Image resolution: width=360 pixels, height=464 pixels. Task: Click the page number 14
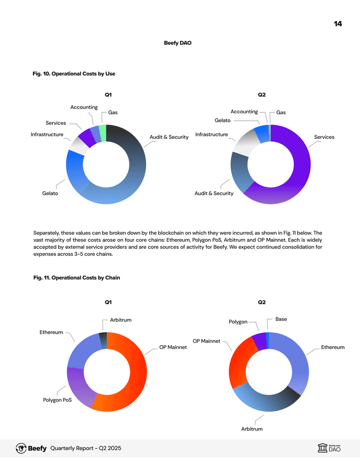point(338,24)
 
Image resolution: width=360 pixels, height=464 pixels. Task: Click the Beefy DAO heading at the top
point(177,43)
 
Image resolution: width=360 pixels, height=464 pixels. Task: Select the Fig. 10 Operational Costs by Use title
point(73,74)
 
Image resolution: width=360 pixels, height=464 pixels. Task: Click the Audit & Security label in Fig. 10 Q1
point(169,137)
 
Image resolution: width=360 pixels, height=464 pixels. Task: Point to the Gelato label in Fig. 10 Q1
point(50,193)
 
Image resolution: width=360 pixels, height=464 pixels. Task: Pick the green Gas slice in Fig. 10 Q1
point(102,133)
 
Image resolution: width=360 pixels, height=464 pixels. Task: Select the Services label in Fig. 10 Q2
point(324,137)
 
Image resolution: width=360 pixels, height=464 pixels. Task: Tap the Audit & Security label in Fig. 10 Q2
point(213,193)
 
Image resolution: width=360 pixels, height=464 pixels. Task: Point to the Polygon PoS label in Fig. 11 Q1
point(57,400)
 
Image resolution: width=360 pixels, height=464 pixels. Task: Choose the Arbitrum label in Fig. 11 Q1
point(120,320)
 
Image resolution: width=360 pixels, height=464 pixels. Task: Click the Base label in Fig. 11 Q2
point(281,319)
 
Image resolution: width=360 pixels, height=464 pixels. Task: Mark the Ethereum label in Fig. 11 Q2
point(332,347)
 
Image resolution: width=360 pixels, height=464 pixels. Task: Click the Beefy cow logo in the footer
point(21,448)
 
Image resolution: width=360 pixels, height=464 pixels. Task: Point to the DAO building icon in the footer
point(322,448)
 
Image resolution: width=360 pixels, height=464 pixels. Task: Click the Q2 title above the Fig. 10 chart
point(261,94)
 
